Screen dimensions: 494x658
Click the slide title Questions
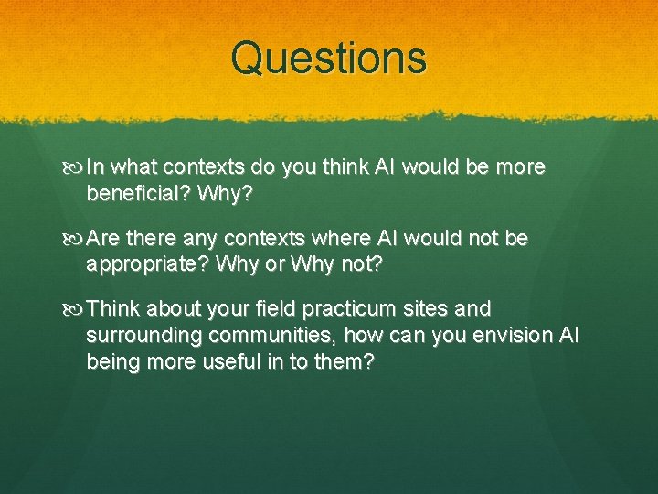point(328,58)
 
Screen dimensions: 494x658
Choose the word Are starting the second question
point(105,239)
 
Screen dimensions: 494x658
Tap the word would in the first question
point(426,167)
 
